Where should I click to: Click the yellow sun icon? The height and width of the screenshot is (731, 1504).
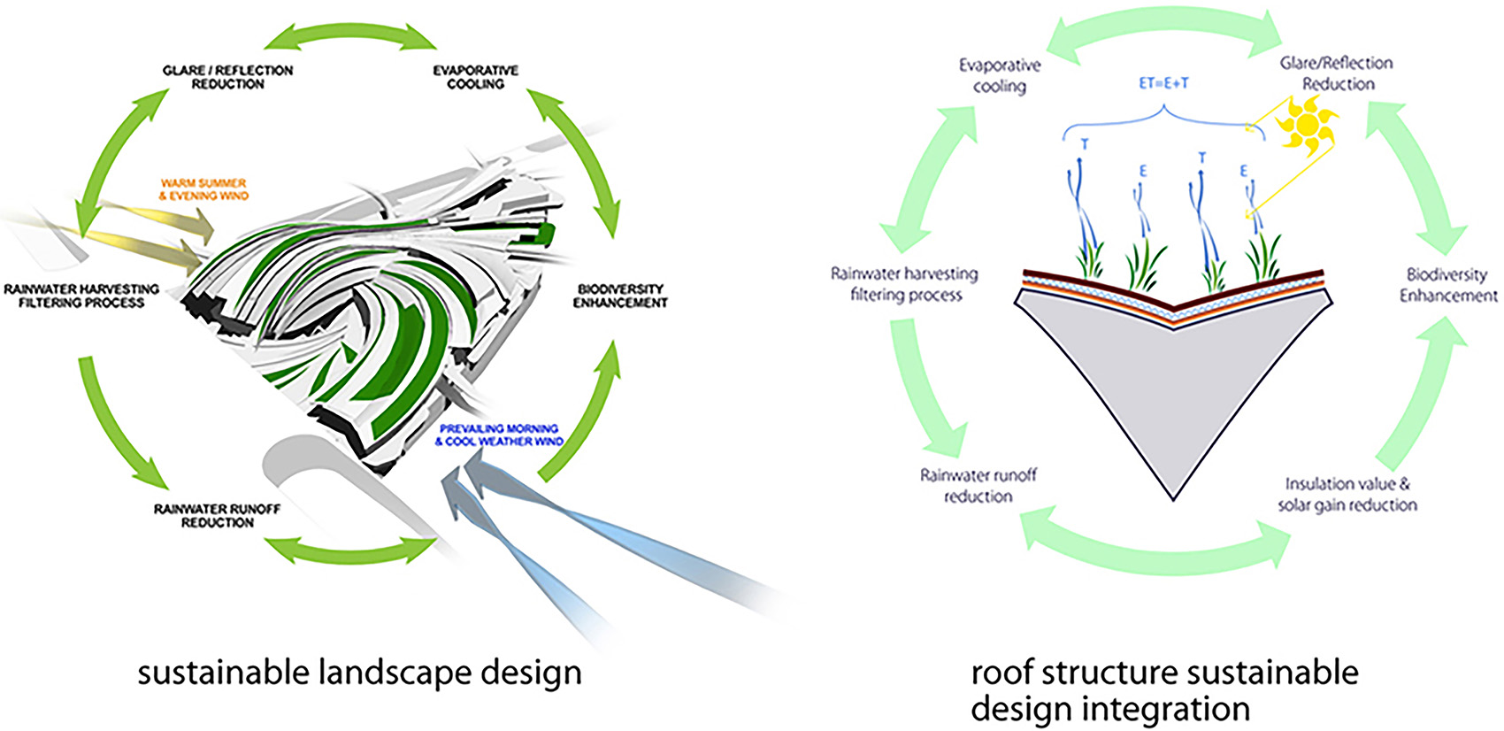coord(1306,124)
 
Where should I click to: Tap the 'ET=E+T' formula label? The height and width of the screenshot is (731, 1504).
coord(1163,83)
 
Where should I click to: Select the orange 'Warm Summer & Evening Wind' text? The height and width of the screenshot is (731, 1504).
coord(203,189)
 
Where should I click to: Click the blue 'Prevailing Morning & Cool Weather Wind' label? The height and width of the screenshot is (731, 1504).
coord(500,435)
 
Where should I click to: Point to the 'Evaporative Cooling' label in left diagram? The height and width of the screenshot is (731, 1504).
coord(475,77)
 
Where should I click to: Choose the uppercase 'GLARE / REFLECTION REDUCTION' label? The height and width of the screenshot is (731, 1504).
coord(227,77)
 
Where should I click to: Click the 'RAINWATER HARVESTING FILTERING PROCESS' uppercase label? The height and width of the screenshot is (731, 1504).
coord(81,296)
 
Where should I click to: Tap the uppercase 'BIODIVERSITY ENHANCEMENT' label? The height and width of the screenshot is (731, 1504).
coord(619,296)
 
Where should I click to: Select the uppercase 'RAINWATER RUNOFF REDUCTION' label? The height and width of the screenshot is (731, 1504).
coord(217,516)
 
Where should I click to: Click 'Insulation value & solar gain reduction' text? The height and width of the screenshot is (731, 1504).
coord(1347,495)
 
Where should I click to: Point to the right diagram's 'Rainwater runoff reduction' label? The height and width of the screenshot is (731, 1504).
coord(978,486)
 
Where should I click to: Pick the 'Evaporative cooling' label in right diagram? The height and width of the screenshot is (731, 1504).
coord(1000,75)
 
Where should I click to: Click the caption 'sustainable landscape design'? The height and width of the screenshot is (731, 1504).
coord(359,673)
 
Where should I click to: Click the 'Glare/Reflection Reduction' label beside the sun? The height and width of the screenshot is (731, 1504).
coord(1337,73)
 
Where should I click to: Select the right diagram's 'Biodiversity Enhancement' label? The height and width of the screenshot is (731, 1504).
coord(1447,285)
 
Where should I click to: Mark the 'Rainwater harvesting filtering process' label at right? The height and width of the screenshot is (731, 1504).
coord(904,284)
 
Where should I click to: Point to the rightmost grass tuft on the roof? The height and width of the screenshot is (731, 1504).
coord(1263,257)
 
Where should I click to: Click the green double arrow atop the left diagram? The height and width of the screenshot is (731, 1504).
coord(350,35)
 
